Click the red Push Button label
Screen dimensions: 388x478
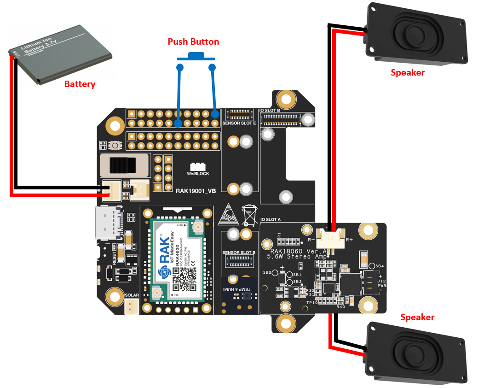[x=193, y=42]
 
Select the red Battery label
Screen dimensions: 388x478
[x=80, y=84]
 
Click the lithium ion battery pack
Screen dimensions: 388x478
[x=60, y=55]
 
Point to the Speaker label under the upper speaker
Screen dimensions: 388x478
[x=407, y=72]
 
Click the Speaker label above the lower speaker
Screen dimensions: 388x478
[x=417, y=317]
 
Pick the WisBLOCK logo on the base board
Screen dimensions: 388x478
[x=198, y=170]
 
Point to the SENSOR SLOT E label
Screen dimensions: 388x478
[x=239, y=123]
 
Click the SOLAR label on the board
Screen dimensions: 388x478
[x=132, y=294]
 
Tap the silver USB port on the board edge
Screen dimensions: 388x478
[x=109, y=222]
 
